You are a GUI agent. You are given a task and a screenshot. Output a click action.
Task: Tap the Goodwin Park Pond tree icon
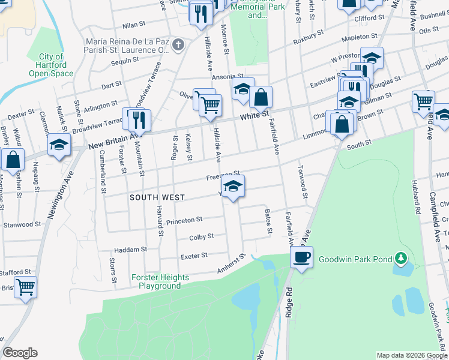pyautogui.click(x=402, y=259)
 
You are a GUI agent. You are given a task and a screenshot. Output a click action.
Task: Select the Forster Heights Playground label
pyautogui.click(x=160, y=281)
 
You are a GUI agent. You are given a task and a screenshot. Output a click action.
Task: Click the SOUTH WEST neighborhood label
pyautogui.click(x=157, y=197)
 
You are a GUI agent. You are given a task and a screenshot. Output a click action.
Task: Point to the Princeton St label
pyautogui.click(x=184, y=220)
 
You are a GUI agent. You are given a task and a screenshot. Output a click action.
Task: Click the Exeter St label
pyautogui.click(x=194, y=256)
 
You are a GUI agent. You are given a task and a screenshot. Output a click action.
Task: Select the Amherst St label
pyautogui.click(x=232, y=264)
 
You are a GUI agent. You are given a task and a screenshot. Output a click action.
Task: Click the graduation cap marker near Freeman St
pyautogui.click(x=233, y=185)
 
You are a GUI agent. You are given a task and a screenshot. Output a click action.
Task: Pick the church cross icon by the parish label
pyautogui.click(x=178, y=44)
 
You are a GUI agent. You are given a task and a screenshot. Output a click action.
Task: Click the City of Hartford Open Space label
pyautogui.click(x=51, y=65)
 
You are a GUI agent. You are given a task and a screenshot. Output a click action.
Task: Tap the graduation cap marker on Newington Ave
pyautogui.click(x=59, y=145)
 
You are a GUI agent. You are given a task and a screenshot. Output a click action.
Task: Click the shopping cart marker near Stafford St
pyautogui.click(x=25, y=286)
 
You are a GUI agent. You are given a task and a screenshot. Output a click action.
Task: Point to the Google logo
pyautogui.click(x=20, y=353)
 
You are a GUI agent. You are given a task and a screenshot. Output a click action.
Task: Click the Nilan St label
pyautogui.click(x=134, y=25)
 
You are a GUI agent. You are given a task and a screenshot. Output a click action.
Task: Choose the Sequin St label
pyautogui.click(x=125, y=61)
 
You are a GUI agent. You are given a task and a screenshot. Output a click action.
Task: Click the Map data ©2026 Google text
pyautogui.click(x=412, y=355)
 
